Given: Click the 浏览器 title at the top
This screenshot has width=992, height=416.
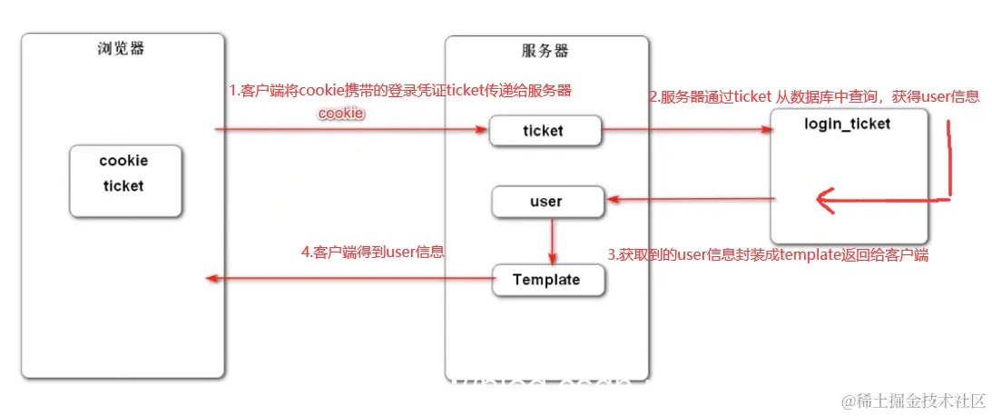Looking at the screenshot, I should (x=121, y=49).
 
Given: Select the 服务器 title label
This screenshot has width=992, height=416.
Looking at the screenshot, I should (x=546, y=52).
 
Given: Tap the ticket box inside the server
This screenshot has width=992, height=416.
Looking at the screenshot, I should (x=545, y=131).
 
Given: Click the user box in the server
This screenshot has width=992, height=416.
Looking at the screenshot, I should (x=546, y=202).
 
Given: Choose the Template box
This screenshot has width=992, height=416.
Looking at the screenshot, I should (x=546, y=280).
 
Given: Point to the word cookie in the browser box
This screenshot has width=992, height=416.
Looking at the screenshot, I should (x=123, y=161).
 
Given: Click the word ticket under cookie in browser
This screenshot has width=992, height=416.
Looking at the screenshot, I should (x=123, y=185).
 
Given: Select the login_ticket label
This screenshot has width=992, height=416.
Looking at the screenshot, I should (x=848, y=124).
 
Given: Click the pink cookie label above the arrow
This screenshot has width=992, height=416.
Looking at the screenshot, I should (x=340, y=114).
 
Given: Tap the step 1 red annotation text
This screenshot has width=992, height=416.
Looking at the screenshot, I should (x=399, y=91).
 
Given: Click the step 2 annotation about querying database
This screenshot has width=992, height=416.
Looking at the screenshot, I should (x=813, y=96).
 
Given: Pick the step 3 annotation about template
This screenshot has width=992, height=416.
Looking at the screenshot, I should (x=767, y=255).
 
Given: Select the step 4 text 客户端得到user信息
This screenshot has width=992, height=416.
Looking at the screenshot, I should (x=372, y=252).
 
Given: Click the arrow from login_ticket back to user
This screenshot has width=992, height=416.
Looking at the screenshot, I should (x=690, y=199).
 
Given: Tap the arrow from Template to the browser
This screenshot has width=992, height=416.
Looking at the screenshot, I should (x=349, y=279).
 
